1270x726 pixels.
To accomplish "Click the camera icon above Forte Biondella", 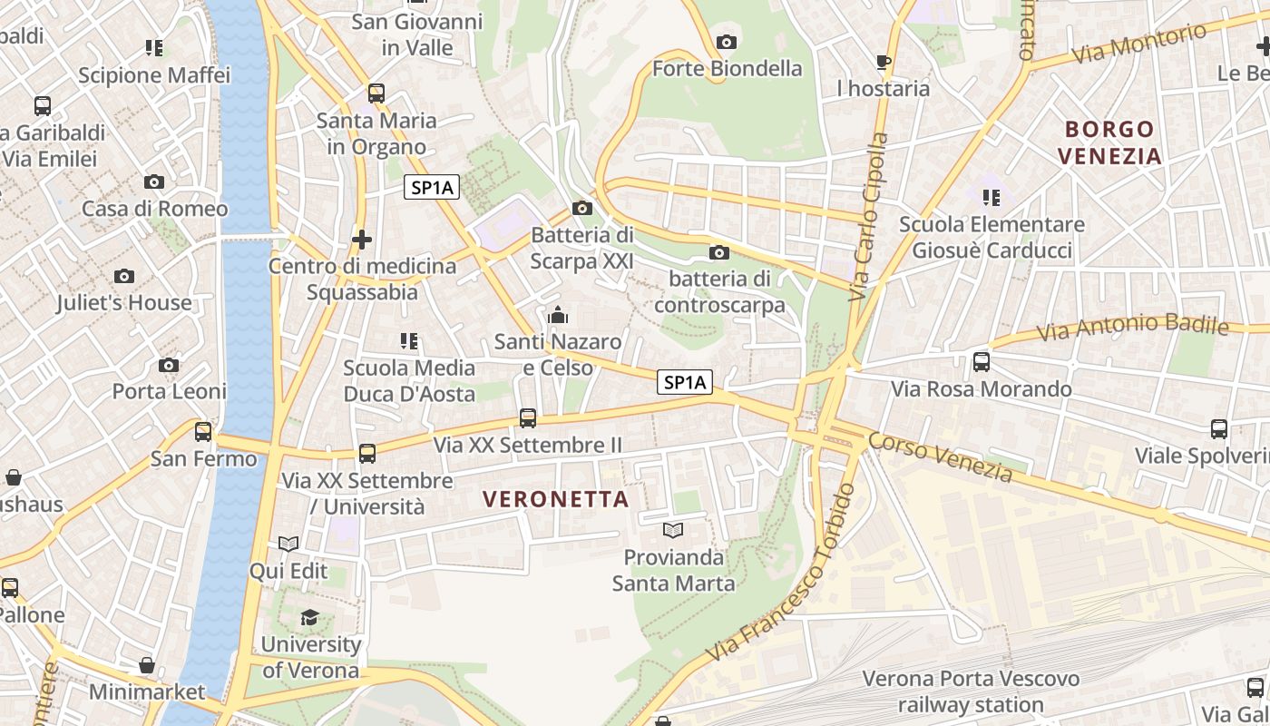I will [x=726, y=42].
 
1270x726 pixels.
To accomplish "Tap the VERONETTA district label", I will [x=556, y=499].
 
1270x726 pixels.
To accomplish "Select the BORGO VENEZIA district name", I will [x=1110, y=142].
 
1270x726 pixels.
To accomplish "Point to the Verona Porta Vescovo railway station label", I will [x=971, y=692].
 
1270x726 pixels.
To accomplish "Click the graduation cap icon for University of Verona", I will [x=310, y=618].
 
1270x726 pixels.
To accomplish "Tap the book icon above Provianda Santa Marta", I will [x=673, y=530].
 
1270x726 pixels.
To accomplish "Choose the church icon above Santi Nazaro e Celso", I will [x=557, y=315].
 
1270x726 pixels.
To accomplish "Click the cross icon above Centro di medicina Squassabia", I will [x=362, y=240].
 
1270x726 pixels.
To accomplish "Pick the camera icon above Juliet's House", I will [x=124, y=276].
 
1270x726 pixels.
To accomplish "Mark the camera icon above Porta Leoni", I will [x=169, y=365].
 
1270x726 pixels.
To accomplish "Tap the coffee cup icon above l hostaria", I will [x=883, y=62].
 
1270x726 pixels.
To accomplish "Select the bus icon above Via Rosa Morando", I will [x=982, y=362].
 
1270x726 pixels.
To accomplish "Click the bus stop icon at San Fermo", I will [x=203, y=431].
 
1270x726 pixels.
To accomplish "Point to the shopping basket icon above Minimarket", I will [x=147, y=665].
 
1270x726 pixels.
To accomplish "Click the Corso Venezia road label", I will [x=940, y=456].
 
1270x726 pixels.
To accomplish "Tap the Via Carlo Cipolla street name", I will [x=868, y=218].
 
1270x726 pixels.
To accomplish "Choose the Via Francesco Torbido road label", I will [x=782, y=574].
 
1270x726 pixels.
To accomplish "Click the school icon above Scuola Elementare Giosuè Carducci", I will [x=992, y=197].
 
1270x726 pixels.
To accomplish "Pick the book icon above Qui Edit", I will [x=288, y=544].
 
